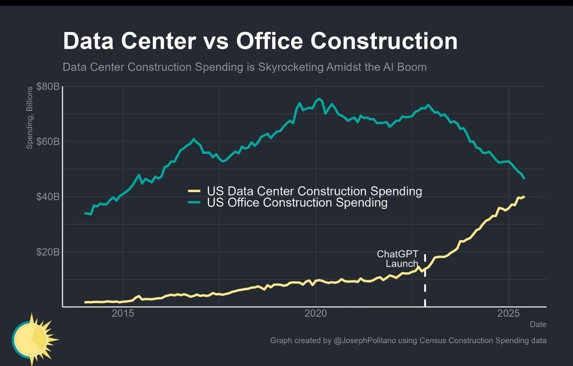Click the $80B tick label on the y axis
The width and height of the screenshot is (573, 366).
point(48,86)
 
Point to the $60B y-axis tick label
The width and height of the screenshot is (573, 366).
point(48,142)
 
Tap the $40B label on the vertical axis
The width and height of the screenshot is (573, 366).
point(48,197)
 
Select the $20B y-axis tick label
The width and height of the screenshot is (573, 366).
point(48,252)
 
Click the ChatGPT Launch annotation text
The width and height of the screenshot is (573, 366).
point(398,259)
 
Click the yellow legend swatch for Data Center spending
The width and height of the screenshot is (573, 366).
point(195,191)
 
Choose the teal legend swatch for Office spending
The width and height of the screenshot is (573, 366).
point(195,203)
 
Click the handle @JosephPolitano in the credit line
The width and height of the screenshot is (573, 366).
point(364,341)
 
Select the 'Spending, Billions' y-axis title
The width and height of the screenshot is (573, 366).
point(30,118)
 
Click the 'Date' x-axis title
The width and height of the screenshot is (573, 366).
point(538,324)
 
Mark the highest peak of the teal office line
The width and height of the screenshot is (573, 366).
point(318,98)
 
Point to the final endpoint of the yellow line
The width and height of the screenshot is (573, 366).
point(524,196)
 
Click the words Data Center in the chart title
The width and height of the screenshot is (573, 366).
point(129,41)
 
